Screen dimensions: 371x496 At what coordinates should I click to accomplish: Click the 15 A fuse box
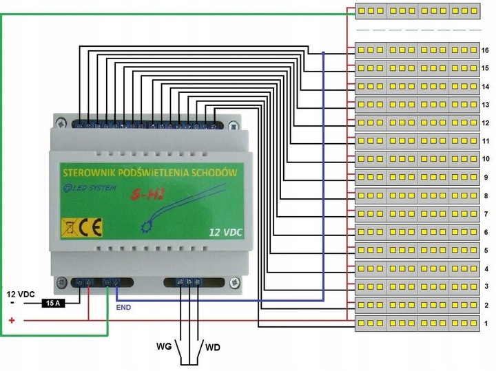click(54, 303)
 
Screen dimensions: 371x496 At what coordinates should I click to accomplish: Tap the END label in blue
click(123, 307)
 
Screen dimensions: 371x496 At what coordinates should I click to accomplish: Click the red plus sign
click(11, 320)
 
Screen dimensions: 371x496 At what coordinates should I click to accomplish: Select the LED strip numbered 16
click(417, 50)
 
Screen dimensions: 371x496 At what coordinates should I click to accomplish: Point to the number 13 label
click(486, 105)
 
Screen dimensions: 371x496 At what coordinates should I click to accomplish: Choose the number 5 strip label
click(486, 250)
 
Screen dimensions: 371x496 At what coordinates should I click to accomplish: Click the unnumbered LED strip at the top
click(417, 12)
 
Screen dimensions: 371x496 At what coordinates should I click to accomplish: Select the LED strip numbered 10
click(417, 159)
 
